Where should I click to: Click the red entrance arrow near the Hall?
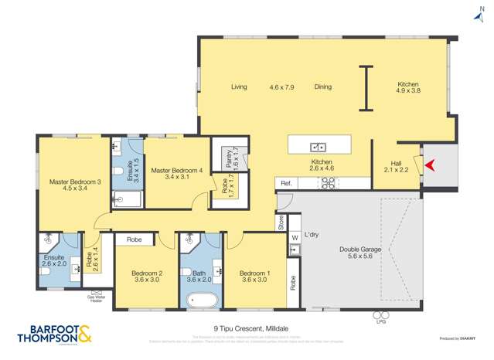click(431, 165)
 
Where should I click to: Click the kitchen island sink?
click(318, 147)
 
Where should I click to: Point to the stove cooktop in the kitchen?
click(328, 183)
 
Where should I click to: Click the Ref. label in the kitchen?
click(286, 183)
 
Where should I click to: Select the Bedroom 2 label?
click(145, 277)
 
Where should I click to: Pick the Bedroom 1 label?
click(254, 277)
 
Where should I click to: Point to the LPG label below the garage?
click(380, 321)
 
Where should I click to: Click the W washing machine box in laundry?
click(295, 237)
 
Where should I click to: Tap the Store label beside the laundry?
click(281, 222)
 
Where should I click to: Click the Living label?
click(239, 87)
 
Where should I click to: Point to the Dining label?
click(323, 87)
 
